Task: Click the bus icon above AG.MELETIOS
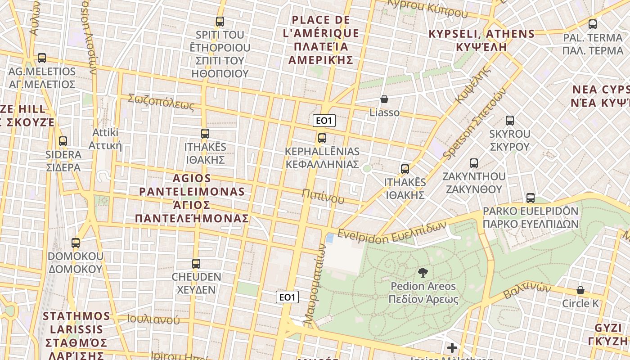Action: pyautogui.click(x=42, y=58)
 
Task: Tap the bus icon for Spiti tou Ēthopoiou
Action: pyautogui.click(x=220, y=21)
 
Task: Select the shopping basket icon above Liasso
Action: pyautogui.click(x=384, y=99)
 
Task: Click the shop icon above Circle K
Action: pyautogui.click(x=580, y=290)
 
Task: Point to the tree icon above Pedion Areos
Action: pyautogui.click(x=423, y=272)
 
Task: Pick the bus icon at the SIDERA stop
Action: pyautogui.click(x=63, y=141)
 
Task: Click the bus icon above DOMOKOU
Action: pyautogui.click(x=76, y=243)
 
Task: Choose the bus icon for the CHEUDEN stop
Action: pyautogui.click(x=196, y=264)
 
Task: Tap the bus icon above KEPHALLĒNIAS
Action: pyautogui.click(x=322, y=138)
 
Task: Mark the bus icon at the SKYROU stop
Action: pyautogui.click(x=510, y=121)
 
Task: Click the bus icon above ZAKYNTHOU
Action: pyautogui.click(x=474, y=163)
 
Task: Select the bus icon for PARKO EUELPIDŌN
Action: pyautogui.click(x=531, y=198)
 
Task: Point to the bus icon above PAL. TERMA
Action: pyautogui.click(x=593, y=24)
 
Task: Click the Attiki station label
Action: pyautogui.click(x=105, y=139)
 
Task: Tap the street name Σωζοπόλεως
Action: pyautogui.click(x=161, y=102)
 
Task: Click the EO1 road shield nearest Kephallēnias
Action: pyautogui.click(x=324, y=121)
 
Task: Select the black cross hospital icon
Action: pyautogui.click(x=452, y=348)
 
